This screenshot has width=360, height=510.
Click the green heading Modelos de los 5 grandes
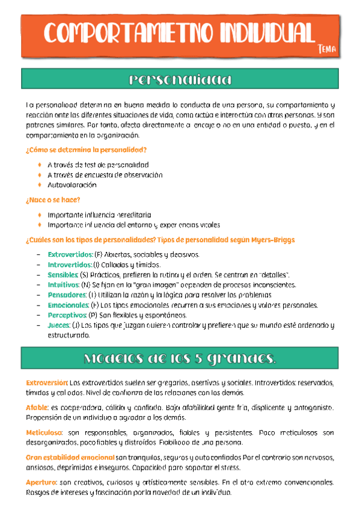[180, 358]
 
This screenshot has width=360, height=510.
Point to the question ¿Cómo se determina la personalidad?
[86, 149]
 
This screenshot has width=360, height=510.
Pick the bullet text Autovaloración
[72, 185]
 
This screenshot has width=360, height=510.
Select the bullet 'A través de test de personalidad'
[97, 164]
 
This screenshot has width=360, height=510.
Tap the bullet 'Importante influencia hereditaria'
[99, 215]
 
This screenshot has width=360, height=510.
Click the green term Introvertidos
[69, 265]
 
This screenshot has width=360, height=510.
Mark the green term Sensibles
[63, 275]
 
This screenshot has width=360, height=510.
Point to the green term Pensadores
[67, 295]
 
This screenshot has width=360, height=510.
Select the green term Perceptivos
[67, 315]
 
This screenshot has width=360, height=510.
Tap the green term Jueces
[58, 325]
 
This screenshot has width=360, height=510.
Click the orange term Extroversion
[46, 382]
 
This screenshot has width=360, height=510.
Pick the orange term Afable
[37, 408]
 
